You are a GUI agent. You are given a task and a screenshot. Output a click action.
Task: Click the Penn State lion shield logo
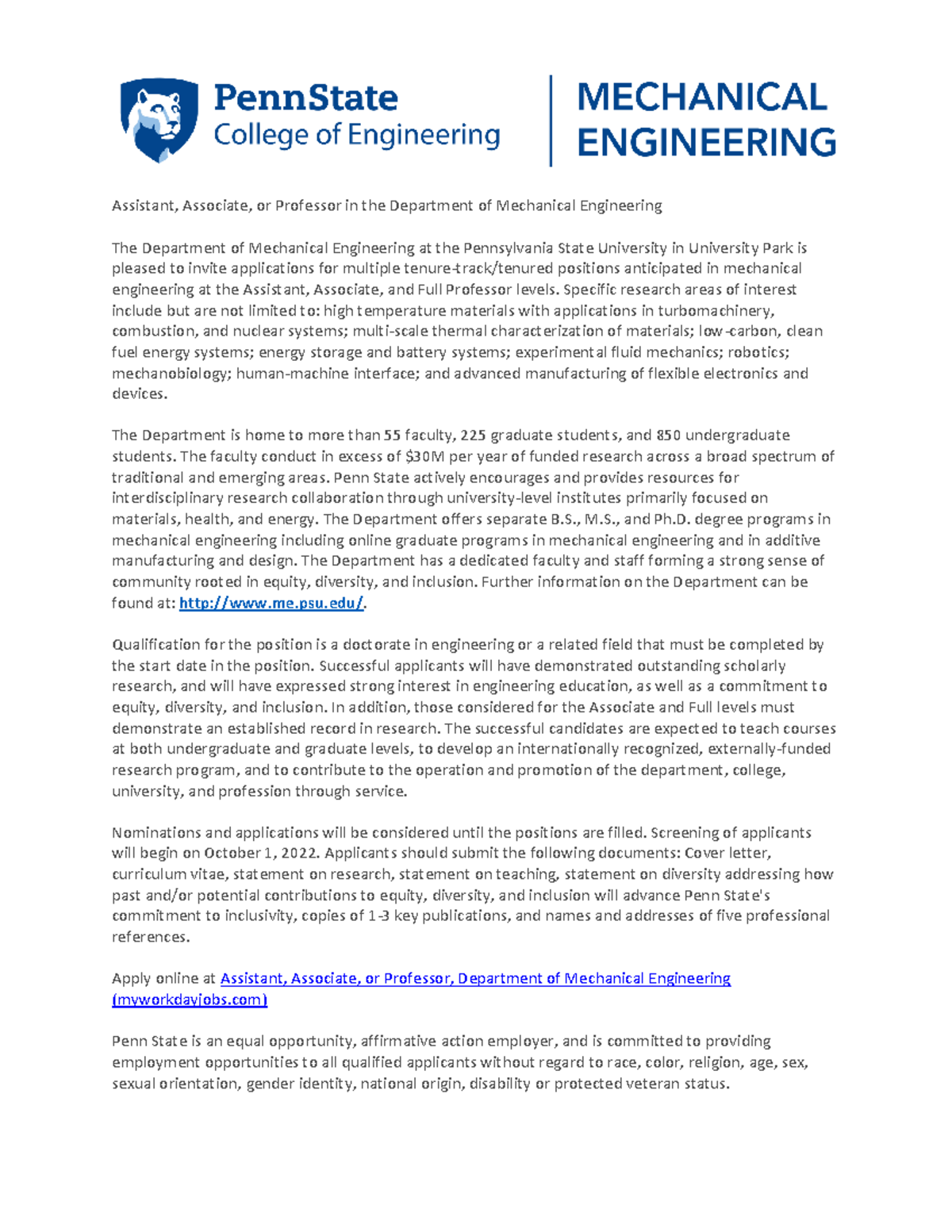point(159,119)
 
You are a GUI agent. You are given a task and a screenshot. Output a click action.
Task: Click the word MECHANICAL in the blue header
point(702,98)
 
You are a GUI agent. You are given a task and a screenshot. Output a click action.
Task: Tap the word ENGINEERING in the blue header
point(706,143)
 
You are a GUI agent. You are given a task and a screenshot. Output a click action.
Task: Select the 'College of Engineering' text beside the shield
point(357,135)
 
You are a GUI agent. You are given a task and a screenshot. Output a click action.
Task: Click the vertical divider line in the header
point(551,121)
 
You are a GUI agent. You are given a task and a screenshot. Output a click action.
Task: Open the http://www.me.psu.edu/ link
point(271,603)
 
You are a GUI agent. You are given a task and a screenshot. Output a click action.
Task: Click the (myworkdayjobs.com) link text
point(190,1000)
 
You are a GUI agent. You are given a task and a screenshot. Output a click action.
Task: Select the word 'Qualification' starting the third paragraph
point(155,645)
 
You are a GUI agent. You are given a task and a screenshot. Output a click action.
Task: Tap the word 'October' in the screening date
point(230,854)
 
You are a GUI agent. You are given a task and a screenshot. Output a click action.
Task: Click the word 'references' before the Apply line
point(150,937)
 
